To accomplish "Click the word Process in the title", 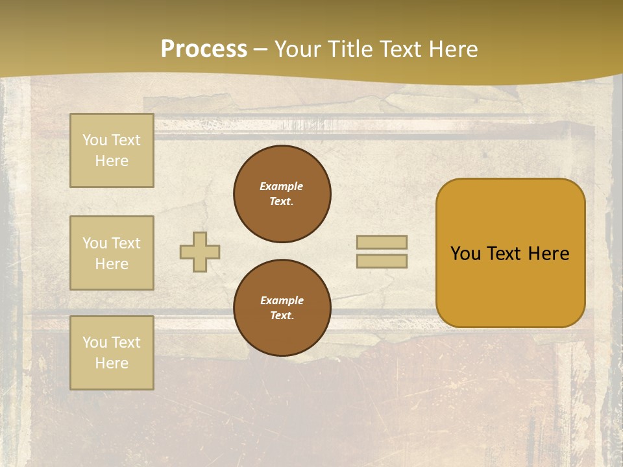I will coord(204,49).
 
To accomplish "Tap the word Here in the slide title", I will coord(448,49).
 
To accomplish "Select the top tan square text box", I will coord(112,150).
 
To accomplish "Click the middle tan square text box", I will coord(112,253).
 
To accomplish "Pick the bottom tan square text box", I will coord(112,353).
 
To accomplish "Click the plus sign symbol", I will coord(200,252).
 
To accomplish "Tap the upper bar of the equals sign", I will coord(382,242).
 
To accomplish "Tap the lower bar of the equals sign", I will coord(382,261).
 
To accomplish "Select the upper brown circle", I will coord(282,194).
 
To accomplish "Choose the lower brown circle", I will coord(282,308).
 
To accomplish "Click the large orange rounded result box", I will coord(510,253).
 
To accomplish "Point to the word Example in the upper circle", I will coord(282,186).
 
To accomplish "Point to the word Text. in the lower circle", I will coord(282,316).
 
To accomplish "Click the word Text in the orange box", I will coord(504,254).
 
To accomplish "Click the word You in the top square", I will coord(95,140).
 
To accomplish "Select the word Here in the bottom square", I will coord(112,363).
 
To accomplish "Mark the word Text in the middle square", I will coord(125,243).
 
